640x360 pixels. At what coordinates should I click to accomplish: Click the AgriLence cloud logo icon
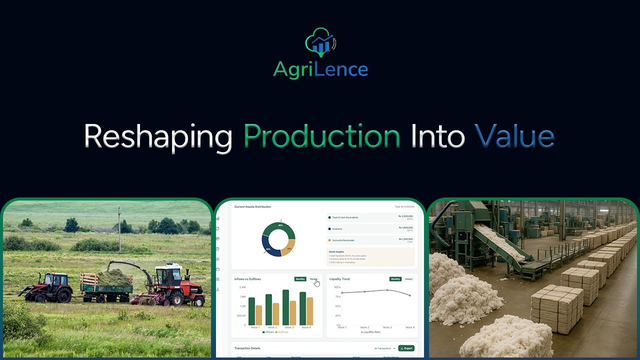320,42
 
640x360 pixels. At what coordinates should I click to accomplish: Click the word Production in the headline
321,136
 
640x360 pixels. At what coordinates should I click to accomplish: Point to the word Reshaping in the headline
157,136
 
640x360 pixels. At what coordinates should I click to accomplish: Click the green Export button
406,348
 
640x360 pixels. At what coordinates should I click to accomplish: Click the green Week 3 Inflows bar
285,307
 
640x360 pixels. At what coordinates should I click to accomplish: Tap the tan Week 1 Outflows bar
258,315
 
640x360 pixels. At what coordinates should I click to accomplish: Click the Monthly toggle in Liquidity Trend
395,279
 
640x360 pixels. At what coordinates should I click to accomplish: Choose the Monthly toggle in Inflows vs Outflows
300,279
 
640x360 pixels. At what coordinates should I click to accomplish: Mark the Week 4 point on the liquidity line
410,295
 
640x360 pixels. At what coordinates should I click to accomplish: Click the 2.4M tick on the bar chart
242,287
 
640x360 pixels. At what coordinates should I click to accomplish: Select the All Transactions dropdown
384,348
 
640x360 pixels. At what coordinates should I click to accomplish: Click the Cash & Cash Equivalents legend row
370,217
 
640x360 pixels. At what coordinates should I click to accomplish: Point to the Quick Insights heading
336,251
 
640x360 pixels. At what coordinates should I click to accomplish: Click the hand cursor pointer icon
317,283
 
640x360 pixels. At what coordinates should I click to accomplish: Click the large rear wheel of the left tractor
64,295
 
